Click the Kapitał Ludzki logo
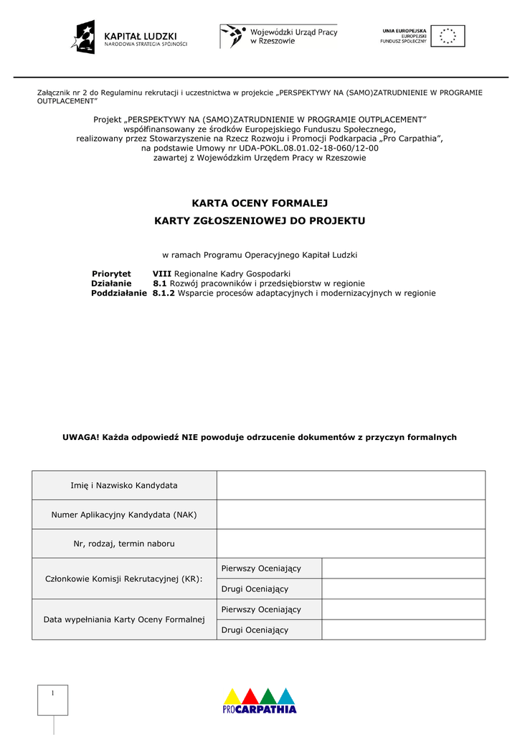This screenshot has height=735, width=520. [129, 37]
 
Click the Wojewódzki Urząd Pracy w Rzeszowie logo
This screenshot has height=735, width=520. [278, 36]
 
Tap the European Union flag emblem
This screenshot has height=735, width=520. [448, 36]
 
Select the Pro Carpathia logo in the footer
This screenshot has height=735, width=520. [260, 701]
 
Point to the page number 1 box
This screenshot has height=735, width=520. [52, 699]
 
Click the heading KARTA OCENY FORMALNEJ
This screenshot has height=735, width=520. [260, 203]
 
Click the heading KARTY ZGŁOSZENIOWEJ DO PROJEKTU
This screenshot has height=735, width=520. [260, 220]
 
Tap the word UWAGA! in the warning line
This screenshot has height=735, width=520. [81, 437]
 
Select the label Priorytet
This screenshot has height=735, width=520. [111, 273]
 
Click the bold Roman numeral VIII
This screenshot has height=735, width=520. [162, 273]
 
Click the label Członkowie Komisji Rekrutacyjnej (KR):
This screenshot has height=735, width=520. [124, 579]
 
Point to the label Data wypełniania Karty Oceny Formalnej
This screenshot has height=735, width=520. [124, 619]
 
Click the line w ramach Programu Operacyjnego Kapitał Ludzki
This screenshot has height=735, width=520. [260, 255]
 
